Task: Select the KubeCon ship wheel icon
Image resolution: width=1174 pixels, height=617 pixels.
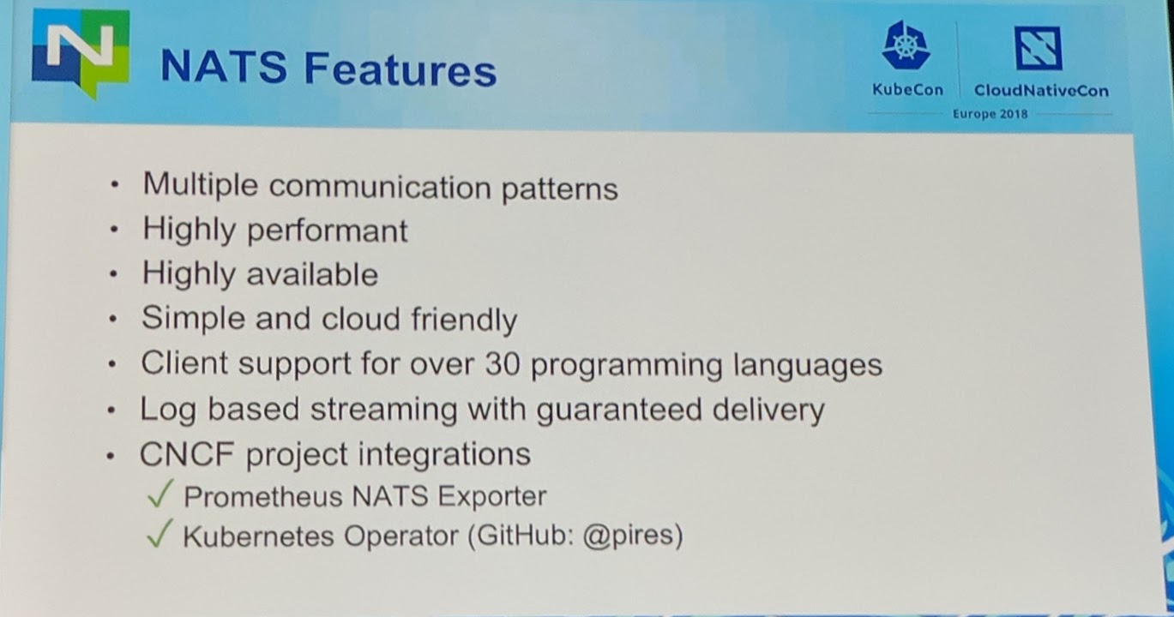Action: [x=906, y=48]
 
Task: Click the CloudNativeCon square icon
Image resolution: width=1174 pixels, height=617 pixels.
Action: [x=1039, y=48]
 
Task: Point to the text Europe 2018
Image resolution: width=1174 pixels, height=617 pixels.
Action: [x=990, y=114]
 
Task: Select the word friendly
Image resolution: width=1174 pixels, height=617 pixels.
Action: [x=464, y=319]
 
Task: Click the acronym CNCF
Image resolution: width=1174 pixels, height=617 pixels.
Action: [x=187, y=453]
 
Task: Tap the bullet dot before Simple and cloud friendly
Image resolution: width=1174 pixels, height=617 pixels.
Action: [x=113, y=320]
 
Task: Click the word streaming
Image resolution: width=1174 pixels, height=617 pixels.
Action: [x=372, y=410]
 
